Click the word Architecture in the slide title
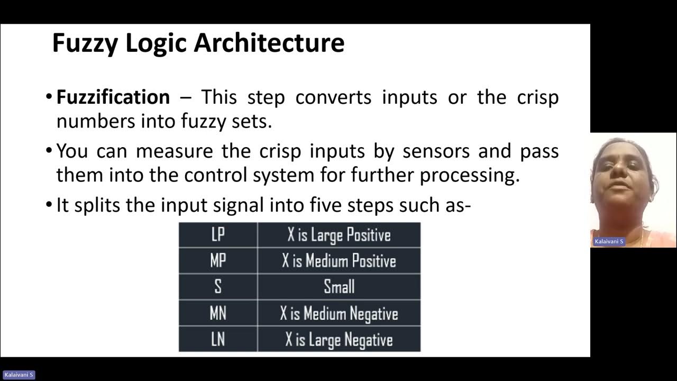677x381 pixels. (269, 43)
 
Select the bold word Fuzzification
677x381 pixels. (113, 97)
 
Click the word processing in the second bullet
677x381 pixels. (470, 176)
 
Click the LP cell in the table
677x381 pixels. (218, 235)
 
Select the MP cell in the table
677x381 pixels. (218, 261)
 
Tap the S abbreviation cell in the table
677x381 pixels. (218, 287)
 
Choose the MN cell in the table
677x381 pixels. (218, 313)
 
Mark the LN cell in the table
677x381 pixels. (218, 339)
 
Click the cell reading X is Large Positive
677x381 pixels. (339, 235)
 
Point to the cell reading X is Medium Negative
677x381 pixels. (339, 313)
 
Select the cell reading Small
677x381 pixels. (339, 287)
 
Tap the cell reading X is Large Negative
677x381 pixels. (339, 339)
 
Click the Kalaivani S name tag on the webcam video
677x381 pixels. (609, 241)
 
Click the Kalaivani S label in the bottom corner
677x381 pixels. (18, 375)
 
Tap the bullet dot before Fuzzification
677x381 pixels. (49, 98)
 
